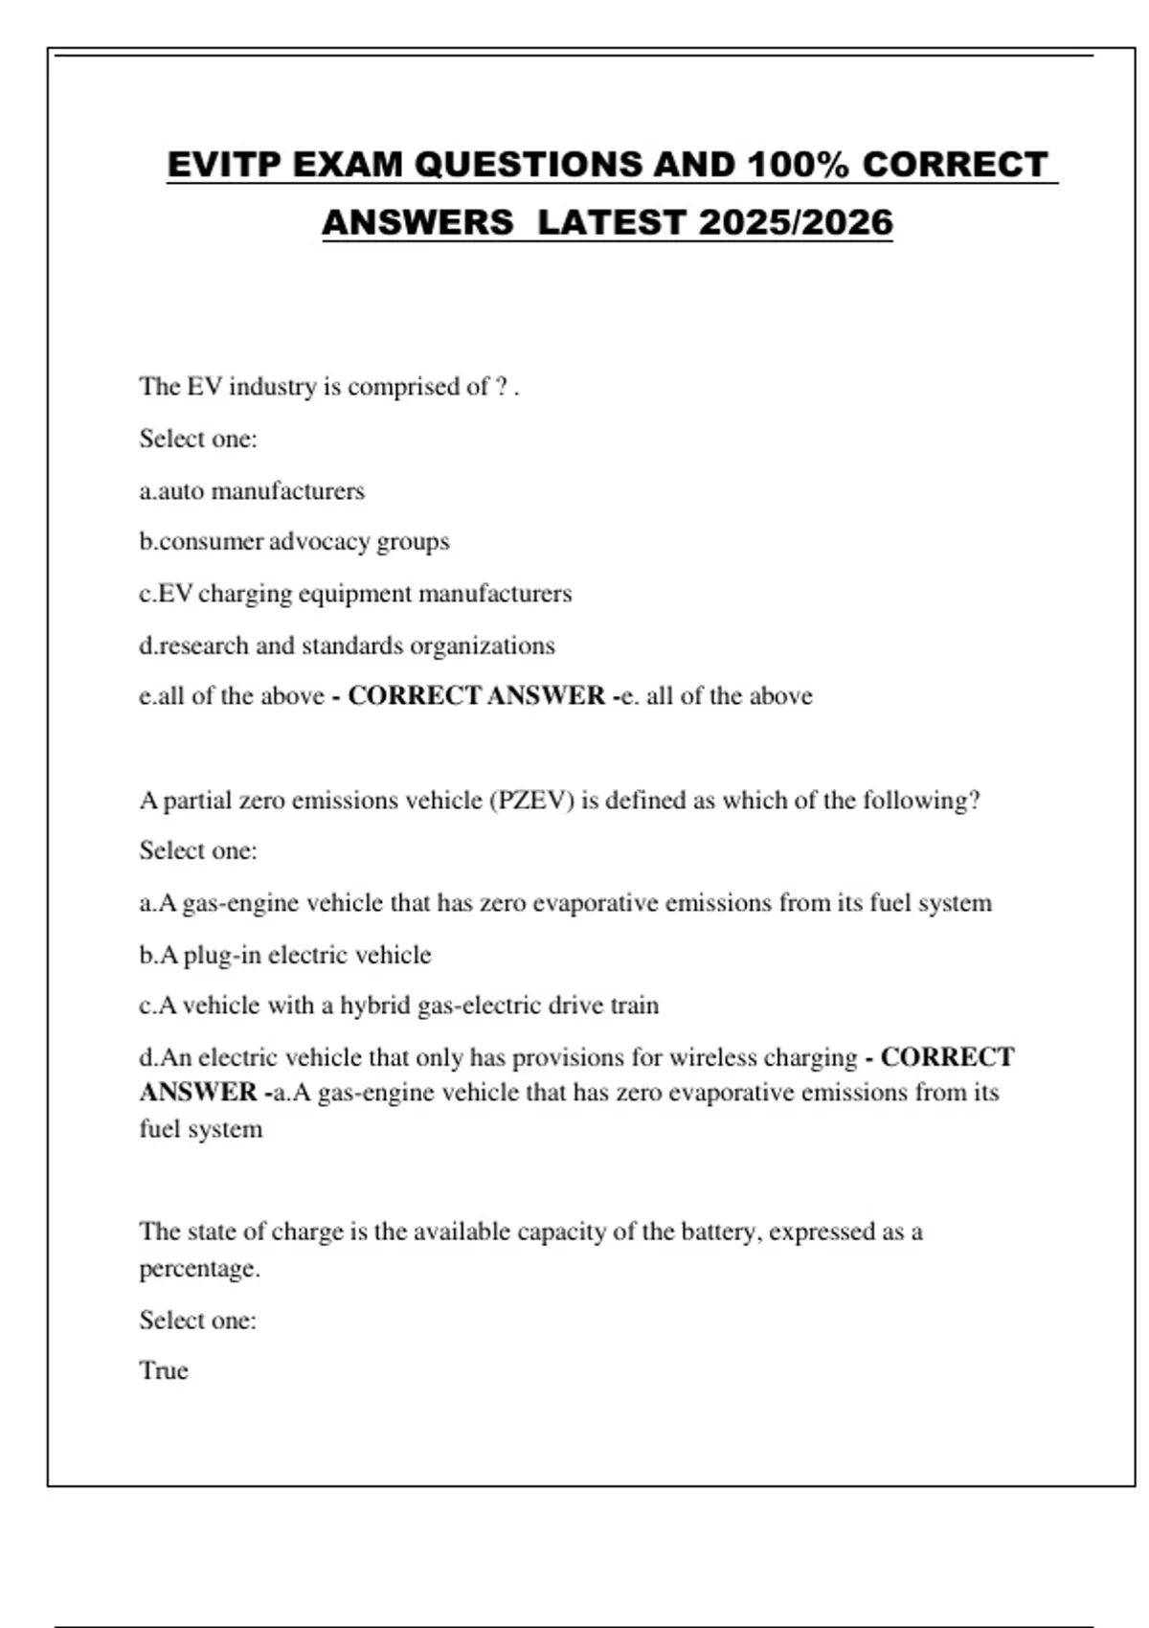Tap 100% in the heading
[x=798, y=165]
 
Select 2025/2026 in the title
[x=795, y=223]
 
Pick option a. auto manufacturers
[x=252, y=491]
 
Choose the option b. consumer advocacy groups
[x=294, y=542]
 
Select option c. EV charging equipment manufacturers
[x=355, y=594]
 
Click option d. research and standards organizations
[x=347, y=645]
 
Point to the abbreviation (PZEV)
[x=531, y=801]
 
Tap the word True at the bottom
[x=164, y=1370]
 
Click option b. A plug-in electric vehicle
[x=285, y=955]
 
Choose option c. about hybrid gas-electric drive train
[x=399, y=1006]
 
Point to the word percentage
[x=199, y=1269]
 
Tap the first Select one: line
[x=198, y=439]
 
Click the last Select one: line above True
[x=198, y=1321]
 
